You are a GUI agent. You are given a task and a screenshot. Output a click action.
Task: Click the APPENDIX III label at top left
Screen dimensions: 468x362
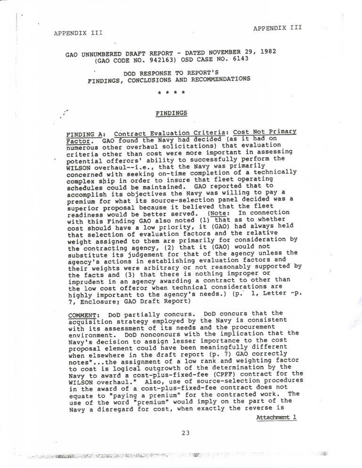pyautogui.click(x=78, y=33)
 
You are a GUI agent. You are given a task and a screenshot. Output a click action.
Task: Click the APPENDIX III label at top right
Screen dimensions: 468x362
pyautogui.click(x=277, y=28)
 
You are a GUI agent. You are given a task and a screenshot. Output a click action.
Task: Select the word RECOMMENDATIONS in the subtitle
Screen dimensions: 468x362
pyautogui.click(x=219, y=79)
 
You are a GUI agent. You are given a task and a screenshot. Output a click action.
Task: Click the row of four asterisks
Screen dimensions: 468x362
pyautogui.click(x=172, y=93)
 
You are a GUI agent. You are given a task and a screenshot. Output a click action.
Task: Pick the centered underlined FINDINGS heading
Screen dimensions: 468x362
pyautogui.click(x=172, y=113)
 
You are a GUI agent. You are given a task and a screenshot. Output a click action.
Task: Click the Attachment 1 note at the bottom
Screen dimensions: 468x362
pyautogui.click(x=276, y=405)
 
